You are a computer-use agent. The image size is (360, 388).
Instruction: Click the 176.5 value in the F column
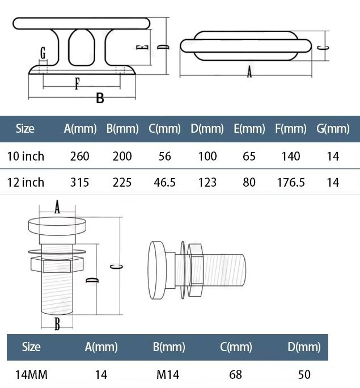[x=291, y=182]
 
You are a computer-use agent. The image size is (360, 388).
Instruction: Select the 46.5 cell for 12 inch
[x=164, y=182]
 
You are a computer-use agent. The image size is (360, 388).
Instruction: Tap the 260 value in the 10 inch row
[x=79, y=156]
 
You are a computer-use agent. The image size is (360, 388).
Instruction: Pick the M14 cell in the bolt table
[x=168, y=374]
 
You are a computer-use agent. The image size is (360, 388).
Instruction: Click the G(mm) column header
[x=333, y=128]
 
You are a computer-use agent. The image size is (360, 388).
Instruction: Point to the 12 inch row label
[x=26, y=182]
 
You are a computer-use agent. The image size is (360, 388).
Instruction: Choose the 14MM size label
[x=31, y=374]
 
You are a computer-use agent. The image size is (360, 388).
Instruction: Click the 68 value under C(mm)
[x=236, y=374]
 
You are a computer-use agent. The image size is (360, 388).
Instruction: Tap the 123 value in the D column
[x=207, y=182]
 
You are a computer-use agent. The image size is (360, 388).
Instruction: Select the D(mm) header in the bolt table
[x=304, y=347]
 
